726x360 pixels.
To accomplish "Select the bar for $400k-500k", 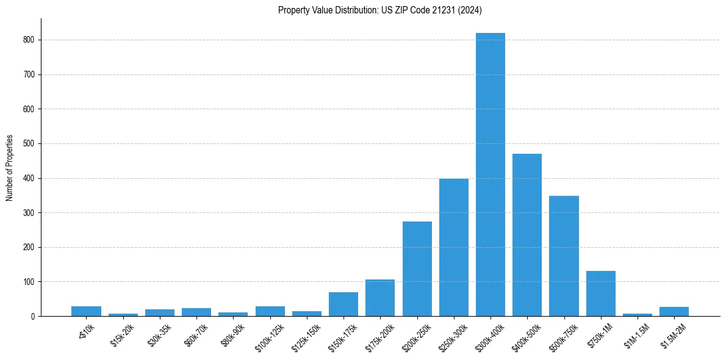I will coord(527,235).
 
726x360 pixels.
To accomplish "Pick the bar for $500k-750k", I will coord(564,256).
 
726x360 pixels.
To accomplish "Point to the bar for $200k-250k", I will coord(417,269).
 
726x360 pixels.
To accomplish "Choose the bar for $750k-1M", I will coord(601,293).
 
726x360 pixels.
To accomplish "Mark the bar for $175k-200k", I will coord(380,298).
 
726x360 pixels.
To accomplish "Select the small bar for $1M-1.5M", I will coord(638,314).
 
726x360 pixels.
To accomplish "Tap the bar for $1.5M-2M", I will coord(674,312).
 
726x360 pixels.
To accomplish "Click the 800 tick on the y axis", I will coord(30,40).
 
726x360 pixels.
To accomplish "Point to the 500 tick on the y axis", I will coord(30,143).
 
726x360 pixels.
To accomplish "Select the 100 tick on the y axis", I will coord(30,282).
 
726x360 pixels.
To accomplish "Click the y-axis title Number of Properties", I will coord(10,168).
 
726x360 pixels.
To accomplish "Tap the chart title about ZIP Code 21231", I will coord(380,10).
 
